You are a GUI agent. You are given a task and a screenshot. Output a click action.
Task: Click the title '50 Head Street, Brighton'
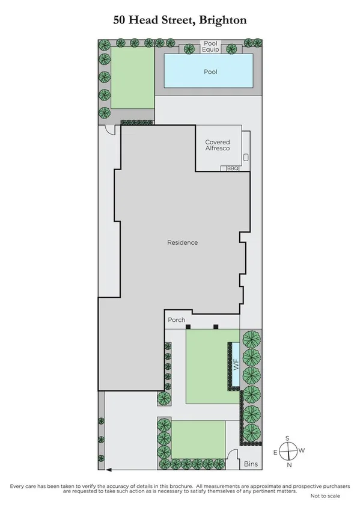180,20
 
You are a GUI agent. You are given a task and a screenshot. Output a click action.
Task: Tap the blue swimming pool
210,72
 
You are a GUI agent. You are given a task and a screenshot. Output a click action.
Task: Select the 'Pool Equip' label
210,46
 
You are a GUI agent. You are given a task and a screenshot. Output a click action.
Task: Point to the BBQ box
233,169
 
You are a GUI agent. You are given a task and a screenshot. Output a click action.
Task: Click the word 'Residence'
182,242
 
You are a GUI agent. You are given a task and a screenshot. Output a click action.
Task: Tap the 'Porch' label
176,319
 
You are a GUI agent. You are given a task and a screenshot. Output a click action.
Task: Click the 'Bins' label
251,464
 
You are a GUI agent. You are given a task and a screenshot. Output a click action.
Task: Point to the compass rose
288,451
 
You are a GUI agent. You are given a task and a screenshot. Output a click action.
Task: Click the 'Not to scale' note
325,496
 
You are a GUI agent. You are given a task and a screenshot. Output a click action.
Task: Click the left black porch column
188,327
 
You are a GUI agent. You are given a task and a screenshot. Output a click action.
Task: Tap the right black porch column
216,327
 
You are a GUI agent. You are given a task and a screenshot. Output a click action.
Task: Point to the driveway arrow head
106,471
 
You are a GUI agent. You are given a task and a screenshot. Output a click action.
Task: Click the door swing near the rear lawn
109,130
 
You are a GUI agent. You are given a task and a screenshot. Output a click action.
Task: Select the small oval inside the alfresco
246,157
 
